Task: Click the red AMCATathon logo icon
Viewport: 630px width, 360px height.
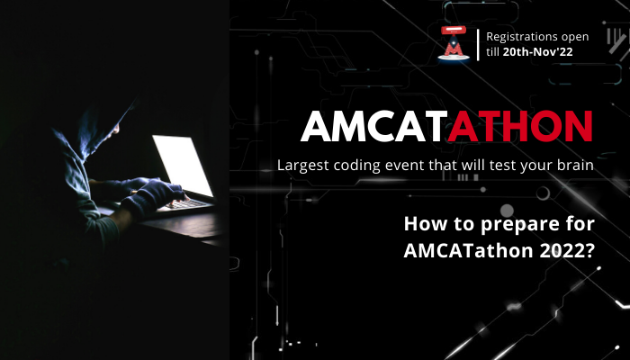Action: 454,43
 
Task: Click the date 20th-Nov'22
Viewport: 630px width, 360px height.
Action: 537,52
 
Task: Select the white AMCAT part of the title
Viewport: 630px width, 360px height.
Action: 374,127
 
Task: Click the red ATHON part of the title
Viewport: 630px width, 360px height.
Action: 520,127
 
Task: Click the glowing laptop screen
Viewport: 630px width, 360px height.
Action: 183,165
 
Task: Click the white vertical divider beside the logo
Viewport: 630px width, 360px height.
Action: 478,45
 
